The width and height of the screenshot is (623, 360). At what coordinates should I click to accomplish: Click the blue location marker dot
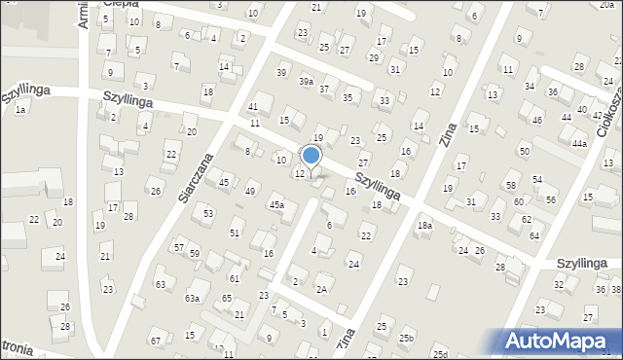(x=311, y=155)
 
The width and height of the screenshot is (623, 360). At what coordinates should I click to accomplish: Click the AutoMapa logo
(x=560, y=341)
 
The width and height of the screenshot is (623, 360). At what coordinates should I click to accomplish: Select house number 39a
(x=306, y=83)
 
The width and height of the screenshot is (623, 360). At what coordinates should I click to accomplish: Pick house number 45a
(x=277, y=204)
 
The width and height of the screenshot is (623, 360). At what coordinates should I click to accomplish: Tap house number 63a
(x=193, y=298)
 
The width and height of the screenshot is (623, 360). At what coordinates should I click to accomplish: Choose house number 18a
(x=424, y=225)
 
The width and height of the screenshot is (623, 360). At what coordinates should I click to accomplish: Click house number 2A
(x=321, y=288)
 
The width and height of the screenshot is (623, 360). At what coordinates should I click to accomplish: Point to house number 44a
(x=579, y=143)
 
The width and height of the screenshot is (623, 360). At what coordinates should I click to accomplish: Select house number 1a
(x=19, y=110)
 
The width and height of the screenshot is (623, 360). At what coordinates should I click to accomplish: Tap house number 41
(x=253, y=106)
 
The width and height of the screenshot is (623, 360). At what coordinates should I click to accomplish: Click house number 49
(x=250, y=191)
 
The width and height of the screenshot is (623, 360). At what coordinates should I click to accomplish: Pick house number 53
(x=208, y=212)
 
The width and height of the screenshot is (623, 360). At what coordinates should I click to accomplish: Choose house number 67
(x=155, y=341)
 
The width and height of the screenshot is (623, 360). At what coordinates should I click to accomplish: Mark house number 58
(x=510, y=185)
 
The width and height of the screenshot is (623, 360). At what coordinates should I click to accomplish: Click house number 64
(x=533, y=235)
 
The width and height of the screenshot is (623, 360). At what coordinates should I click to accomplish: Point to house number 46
(x=537, y=121)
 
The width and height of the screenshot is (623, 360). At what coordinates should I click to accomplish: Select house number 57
(x=178, y=247)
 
